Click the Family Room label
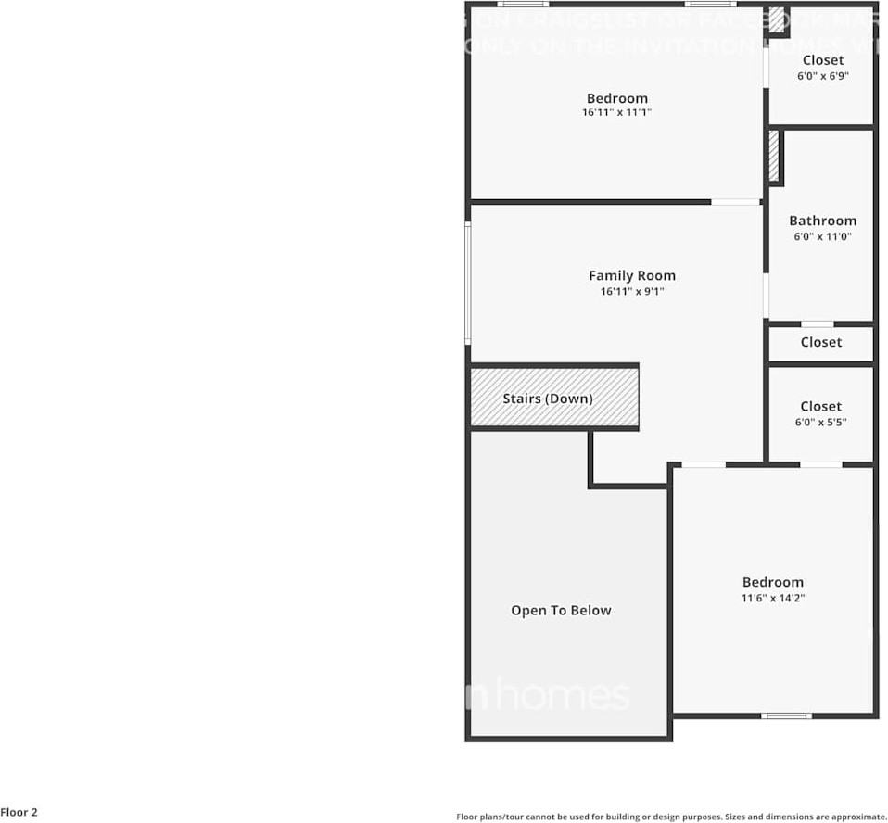pyautogui.click(x=632, y=275)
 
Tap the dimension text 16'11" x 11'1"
pyautogui.click(x=616, y=113)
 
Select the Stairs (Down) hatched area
pyautogui.click(x=553, y=399)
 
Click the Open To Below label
pyautogui.click(x=561, y=611)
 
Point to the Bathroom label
pyautogui.click(x=822, y=221)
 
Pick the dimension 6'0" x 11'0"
pyautogui.click(x=822, y=237)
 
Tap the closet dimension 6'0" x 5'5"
pyautogui.click(x=821, y=423)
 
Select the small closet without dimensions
pyautogui.click(x=821, y=343)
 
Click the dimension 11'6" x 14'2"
pyautogui.click(x=772, y=599)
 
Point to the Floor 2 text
pyautogui.click(x=19, y=812)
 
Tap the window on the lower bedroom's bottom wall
pyautogui.click(x=786, y=715)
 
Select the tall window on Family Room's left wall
pyautogui.click(x=468, y=283)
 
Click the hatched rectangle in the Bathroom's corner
pyautogui.click(x=774, y=156)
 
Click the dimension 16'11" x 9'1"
pyautogui.click(x=632, y=292)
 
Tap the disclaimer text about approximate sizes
pyautogui.click(x=671, y=817)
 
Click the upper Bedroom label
pyautogui.click(x=616, y=98)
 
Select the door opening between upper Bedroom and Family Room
pyautogui.click(x=736, y=202)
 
